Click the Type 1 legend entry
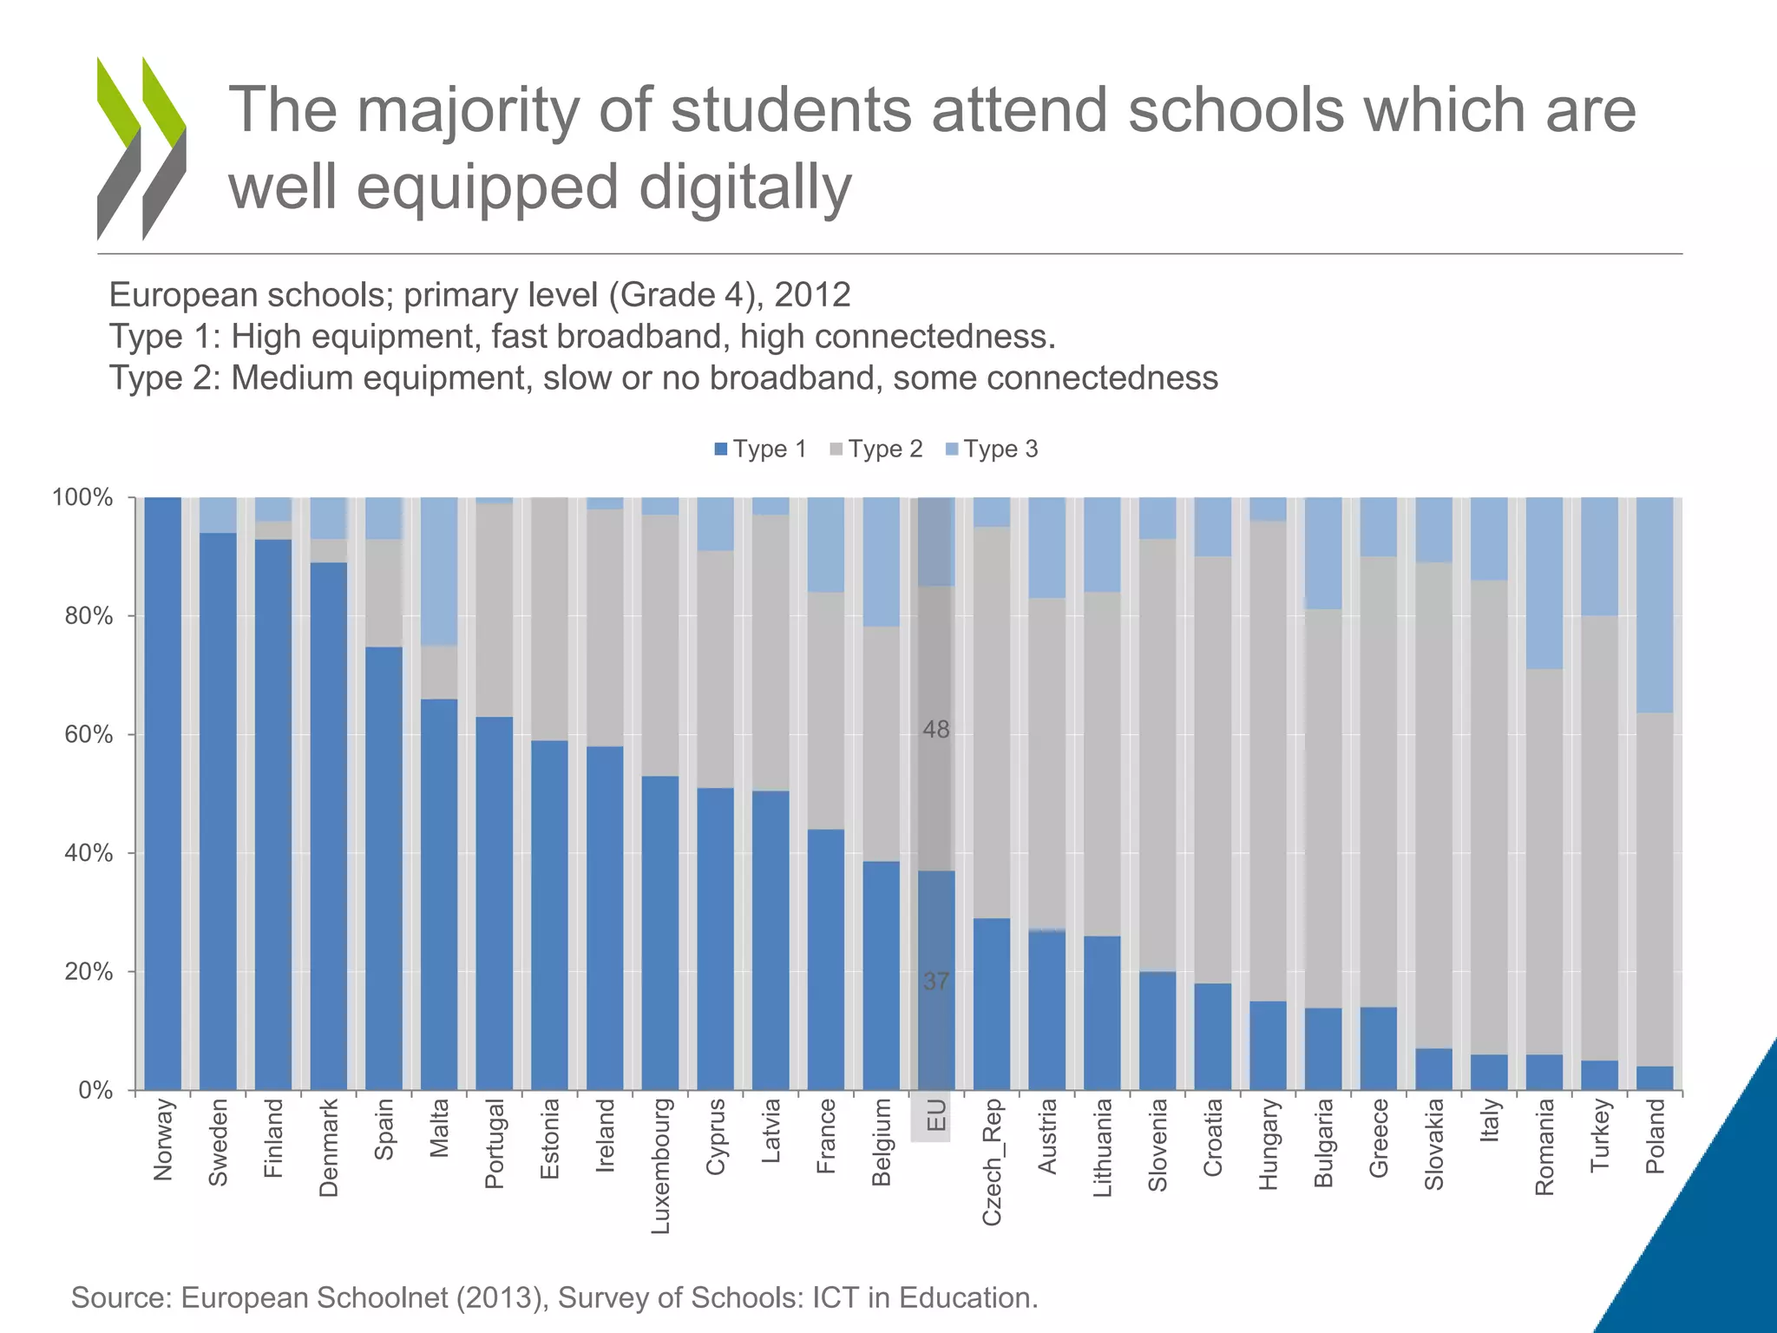pos(760,450)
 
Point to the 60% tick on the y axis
pos(89,734)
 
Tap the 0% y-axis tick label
pos(95,1090)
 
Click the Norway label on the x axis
pos(163,1139)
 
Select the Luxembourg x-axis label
pos(661,1166)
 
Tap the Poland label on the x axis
pos(1656,1136)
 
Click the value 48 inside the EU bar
pos(935,730)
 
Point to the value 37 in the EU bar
pos(935,982)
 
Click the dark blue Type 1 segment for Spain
pos(384,868)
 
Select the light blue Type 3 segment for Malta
pos(439,571)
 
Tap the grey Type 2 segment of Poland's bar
pos(1655,890)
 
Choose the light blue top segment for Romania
pos(1544,582)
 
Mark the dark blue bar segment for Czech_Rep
pos(992,1004)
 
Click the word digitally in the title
pos(745,187)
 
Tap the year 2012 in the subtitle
pos(812,295)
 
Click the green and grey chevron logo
pos(141,148)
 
